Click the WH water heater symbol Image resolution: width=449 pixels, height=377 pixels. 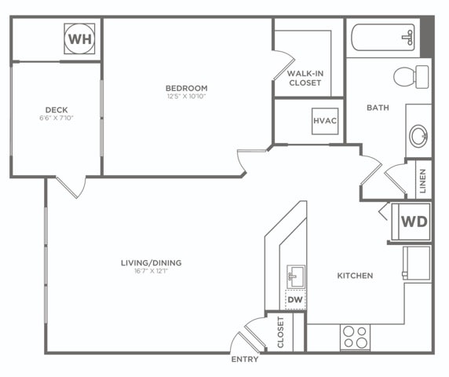(x=79, y=38)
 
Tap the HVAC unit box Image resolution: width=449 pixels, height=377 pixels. (x=325, y=121)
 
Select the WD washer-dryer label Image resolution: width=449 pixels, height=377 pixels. (x=414, y=221)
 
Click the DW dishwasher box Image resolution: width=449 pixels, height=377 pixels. (x=295, y=300)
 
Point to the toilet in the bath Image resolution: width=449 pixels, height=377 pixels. (x=411, y=77)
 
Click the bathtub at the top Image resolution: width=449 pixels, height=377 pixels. (x=383, y=37)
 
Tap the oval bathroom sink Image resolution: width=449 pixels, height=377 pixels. (x=418, y=136)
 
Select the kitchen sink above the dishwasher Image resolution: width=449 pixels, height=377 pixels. (x=296, y=276)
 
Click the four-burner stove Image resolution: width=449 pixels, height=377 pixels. (x=355, y=337)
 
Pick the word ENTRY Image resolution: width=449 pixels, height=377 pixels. (x=245, y=359)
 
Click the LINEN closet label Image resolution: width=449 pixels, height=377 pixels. (x=423, y=181)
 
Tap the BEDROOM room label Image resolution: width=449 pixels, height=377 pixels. (x=187, y=88)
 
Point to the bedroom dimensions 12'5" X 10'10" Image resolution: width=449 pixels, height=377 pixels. (x=187, y=97)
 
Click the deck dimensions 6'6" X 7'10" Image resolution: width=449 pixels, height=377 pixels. (x=57, y=118)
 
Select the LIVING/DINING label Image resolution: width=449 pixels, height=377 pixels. (x=151, y=262)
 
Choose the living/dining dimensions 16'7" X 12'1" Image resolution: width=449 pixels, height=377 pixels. (x=151, y=271)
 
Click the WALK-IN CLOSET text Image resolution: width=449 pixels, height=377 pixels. (x=305, y=78)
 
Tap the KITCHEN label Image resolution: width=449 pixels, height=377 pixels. (x=355, y=276)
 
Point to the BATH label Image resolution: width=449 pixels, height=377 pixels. (x=378, y=108)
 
